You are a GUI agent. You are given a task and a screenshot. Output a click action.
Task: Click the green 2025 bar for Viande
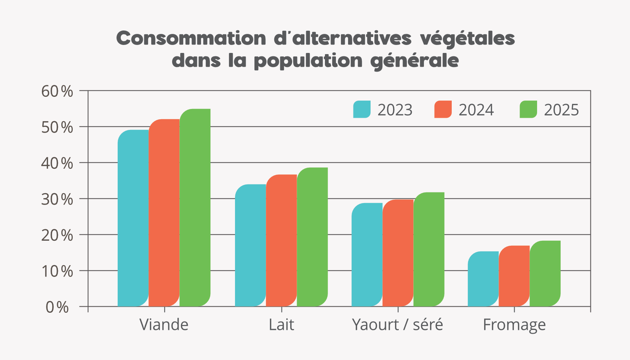pyautogui.click(x=195, y=208)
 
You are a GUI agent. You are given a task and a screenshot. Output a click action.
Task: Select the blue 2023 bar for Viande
pyautogui.click(x=133, y=218)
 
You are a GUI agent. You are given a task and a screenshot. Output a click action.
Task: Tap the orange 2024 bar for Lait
pyautogui.click(x=281, y=240)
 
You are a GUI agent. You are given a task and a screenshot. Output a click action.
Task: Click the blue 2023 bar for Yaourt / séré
pyautogui.click(x=367, y=254)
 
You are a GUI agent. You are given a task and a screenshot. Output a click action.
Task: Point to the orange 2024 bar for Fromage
pyautogui.click(x=514, y=276)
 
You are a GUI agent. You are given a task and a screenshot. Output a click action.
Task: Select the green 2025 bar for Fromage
pyautogui.click(x=545, y=274)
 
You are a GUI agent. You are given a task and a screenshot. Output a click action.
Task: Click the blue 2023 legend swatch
pyautogui.click(x=362, y=109)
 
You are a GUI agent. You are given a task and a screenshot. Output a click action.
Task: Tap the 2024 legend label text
pyautogui.click(x=476, y=110)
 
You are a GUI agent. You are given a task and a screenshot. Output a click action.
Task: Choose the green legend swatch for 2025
pyautogui.click(x=528, y=109)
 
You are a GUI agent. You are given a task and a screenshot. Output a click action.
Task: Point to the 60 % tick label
pyautogui.click(x=57, y=91)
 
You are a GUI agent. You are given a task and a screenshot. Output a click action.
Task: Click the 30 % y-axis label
pyautogui.click(x=57, y=199)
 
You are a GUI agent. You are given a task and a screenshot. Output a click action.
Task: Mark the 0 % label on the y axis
pyautogui.click(x=57, y=307)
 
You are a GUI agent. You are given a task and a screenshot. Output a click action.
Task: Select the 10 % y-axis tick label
pyautogui.click(x=57, y=271)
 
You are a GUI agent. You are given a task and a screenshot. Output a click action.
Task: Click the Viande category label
pyautogui.click(x=164, y=325)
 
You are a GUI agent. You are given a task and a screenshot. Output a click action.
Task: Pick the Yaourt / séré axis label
pyautogui.click(x=397, y=325)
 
